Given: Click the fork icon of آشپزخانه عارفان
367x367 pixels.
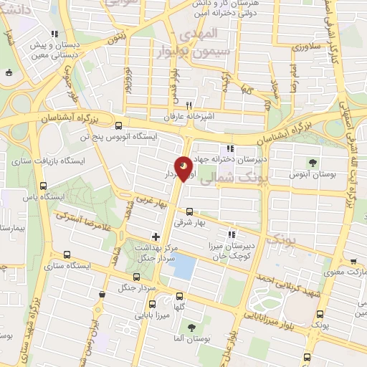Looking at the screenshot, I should [190, 103].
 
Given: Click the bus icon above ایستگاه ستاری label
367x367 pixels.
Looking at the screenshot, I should [67, 254].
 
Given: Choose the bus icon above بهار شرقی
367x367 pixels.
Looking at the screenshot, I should [189, 211].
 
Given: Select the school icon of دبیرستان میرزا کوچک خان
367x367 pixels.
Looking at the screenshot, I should [231, 234].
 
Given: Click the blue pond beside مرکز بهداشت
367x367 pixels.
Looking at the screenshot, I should [184, 267].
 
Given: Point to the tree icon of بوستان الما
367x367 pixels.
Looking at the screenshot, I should [191, 328].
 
